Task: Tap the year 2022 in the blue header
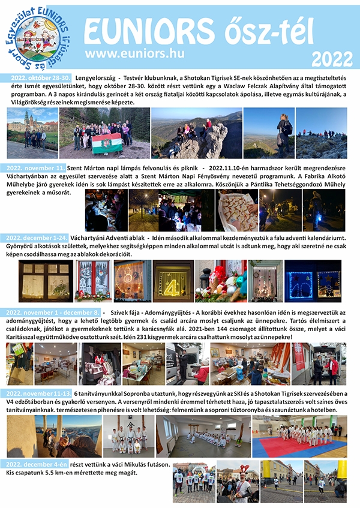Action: pos(331,60)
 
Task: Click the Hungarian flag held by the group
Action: pos(106,145)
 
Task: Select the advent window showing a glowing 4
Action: pos(173,281)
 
